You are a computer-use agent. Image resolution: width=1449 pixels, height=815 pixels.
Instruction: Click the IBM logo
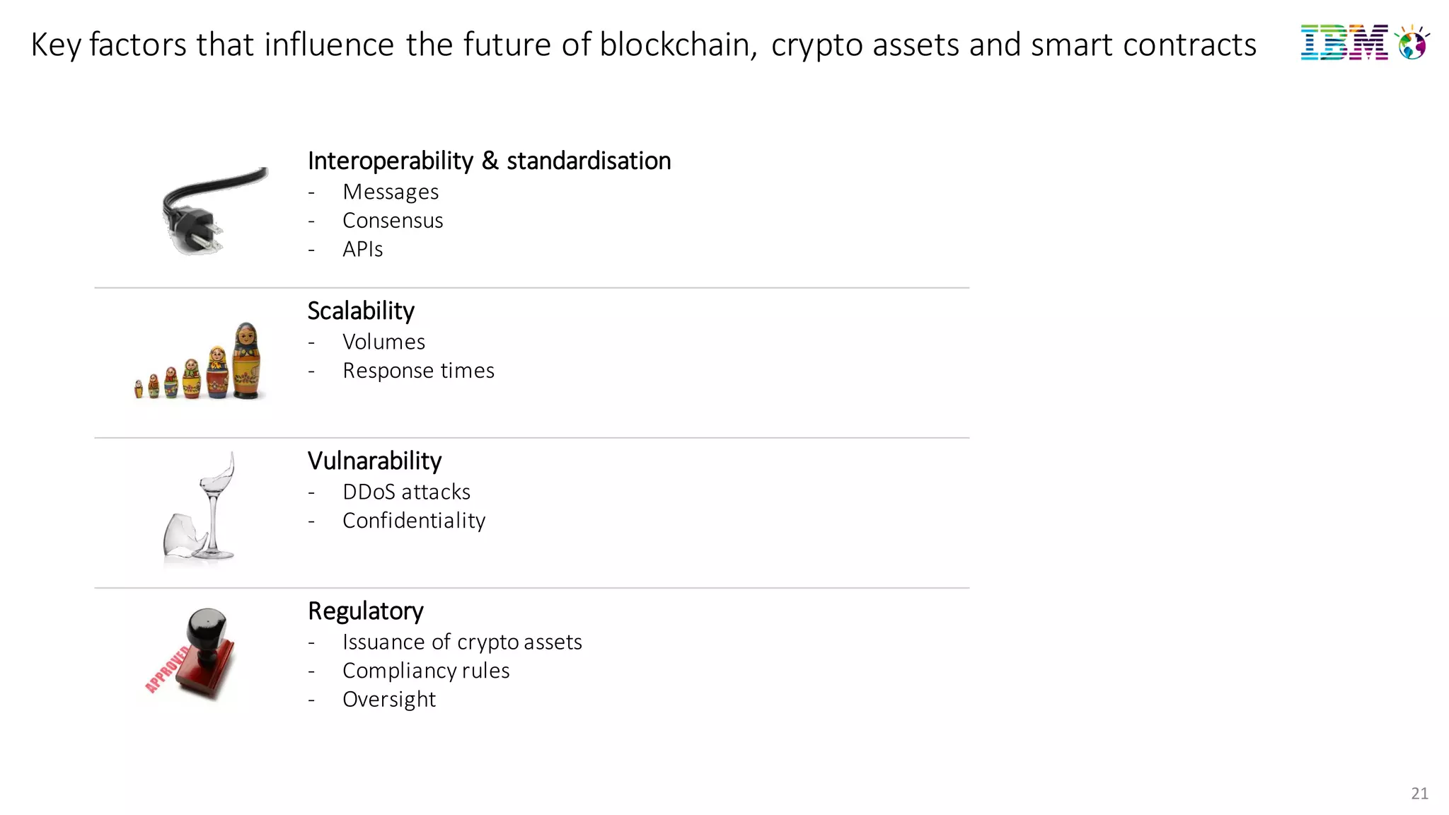pyautogui.click(x=1344, y=43)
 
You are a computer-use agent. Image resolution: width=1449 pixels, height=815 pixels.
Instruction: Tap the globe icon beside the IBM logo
pyautogui.click(x=1412, y=44)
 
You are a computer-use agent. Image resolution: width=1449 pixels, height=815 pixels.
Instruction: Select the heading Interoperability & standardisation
pyautogui.click(x=489, y=161)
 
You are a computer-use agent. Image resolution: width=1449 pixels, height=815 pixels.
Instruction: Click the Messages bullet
pyautogui.click(x=391, y=192)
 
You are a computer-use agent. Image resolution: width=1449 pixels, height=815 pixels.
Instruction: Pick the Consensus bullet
pyautogui.click(x=393, y=221)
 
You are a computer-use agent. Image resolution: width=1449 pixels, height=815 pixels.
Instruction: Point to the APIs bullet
pyautogui.click(x=362, y=250)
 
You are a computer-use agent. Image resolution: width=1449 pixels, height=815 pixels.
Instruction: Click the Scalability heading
pyautogui.click(x=361, y=311)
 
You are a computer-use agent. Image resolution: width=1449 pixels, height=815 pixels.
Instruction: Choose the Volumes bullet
pyautogui.click(x=383, y=342)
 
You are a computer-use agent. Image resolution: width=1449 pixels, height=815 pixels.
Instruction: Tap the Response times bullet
pyautogui.click(x=418, y=371)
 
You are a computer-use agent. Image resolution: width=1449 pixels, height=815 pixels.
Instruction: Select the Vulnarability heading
pyautogui.click(x=374, y=461)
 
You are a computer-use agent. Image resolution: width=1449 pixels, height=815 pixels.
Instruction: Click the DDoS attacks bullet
pyautogui.click(x=406, y=492)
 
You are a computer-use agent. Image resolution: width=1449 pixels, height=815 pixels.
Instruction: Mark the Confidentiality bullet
pyautogui.click(x=414, y=521)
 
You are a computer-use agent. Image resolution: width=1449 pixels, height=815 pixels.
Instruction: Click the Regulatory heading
pyautogui.click(x=365, y=611)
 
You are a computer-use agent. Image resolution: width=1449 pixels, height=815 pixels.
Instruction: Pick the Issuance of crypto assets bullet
pyautogui.click(x=462, y=642)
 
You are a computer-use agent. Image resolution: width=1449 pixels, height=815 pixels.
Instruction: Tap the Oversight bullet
pyautogui.click(x=389, y=700)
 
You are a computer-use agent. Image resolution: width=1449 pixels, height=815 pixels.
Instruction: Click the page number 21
pyautogui.click(x=1419, y=794)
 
